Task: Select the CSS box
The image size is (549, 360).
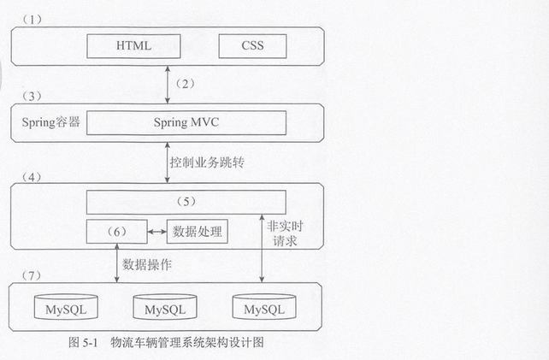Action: pos(252,44)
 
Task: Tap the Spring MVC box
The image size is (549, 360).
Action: pos(186,121)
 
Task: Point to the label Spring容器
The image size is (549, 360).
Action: pos(50,121)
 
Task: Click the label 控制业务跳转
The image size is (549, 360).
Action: pos(200,162)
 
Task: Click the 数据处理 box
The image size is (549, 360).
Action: pos(197,230)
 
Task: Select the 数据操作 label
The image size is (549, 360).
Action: pos(147,264)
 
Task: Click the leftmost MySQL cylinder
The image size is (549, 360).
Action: pos(63,306)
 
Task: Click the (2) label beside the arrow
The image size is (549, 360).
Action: pos(185,84)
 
